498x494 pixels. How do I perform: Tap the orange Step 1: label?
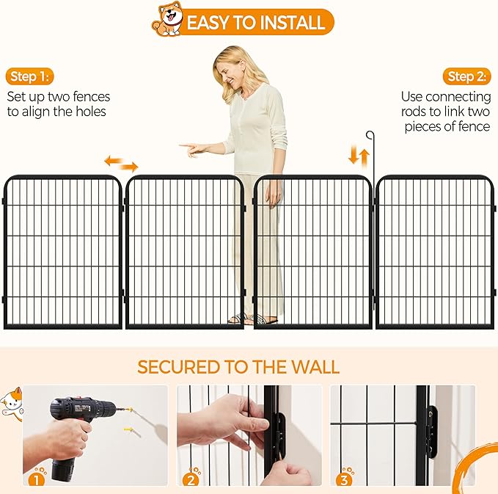pos(31,76)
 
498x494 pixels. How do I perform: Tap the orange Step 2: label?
pos(467,76)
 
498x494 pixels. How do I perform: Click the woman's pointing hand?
pos(192,149)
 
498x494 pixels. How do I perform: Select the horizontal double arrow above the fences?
pos(121,163)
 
